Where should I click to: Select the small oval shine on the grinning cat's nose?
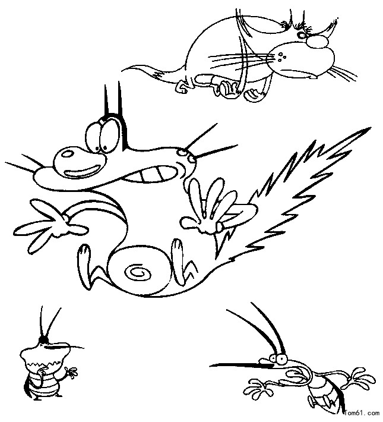click(x=67, y=154)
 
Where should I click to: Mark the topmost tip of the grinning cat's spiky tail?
click(x=370, y=128)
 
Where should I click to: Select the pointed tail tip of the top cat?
click(x=123, y=71)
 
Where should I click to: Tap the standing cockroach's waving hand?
click(x=71, y=372)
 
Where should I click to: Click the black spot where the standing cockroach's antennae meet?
click(x=43, y=340)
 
